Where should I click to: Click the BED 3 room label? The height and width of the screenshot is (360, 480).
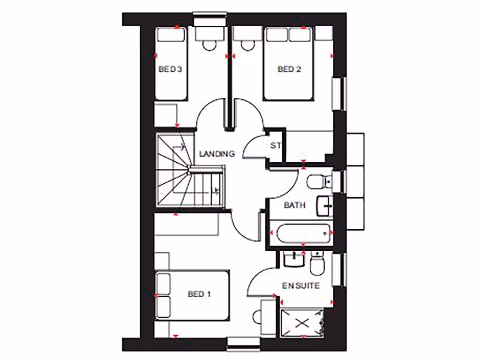(x=170, y=69)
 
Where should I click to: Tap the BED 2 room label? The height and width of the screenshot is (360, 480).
(x=289, y=69)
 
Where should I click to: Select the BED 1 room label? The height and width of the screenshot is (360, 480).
(x=199, y=294)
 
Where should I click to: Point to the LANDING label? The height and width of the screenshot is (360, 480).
(x=217, y=153)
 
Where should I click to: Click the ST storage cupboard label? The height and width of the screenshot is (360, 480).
(x=276, y=145)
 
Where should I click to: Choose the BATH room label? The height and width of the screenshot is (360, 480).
(x=295, y=205)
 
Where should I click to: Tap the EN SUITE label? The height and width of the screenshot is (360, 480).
(x=301, y=285)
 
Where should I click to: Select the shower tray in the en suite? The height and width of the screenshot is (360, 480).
(x=302, y=322)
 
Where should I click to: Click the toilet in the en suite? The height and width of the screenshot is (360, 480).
(x=317, y=263)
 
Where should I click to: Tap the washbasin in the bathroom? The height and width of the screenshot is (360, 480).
(x=325, y=205)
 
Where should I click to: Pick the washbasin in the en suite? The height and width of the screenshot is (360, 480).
(x=294, y=258)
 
